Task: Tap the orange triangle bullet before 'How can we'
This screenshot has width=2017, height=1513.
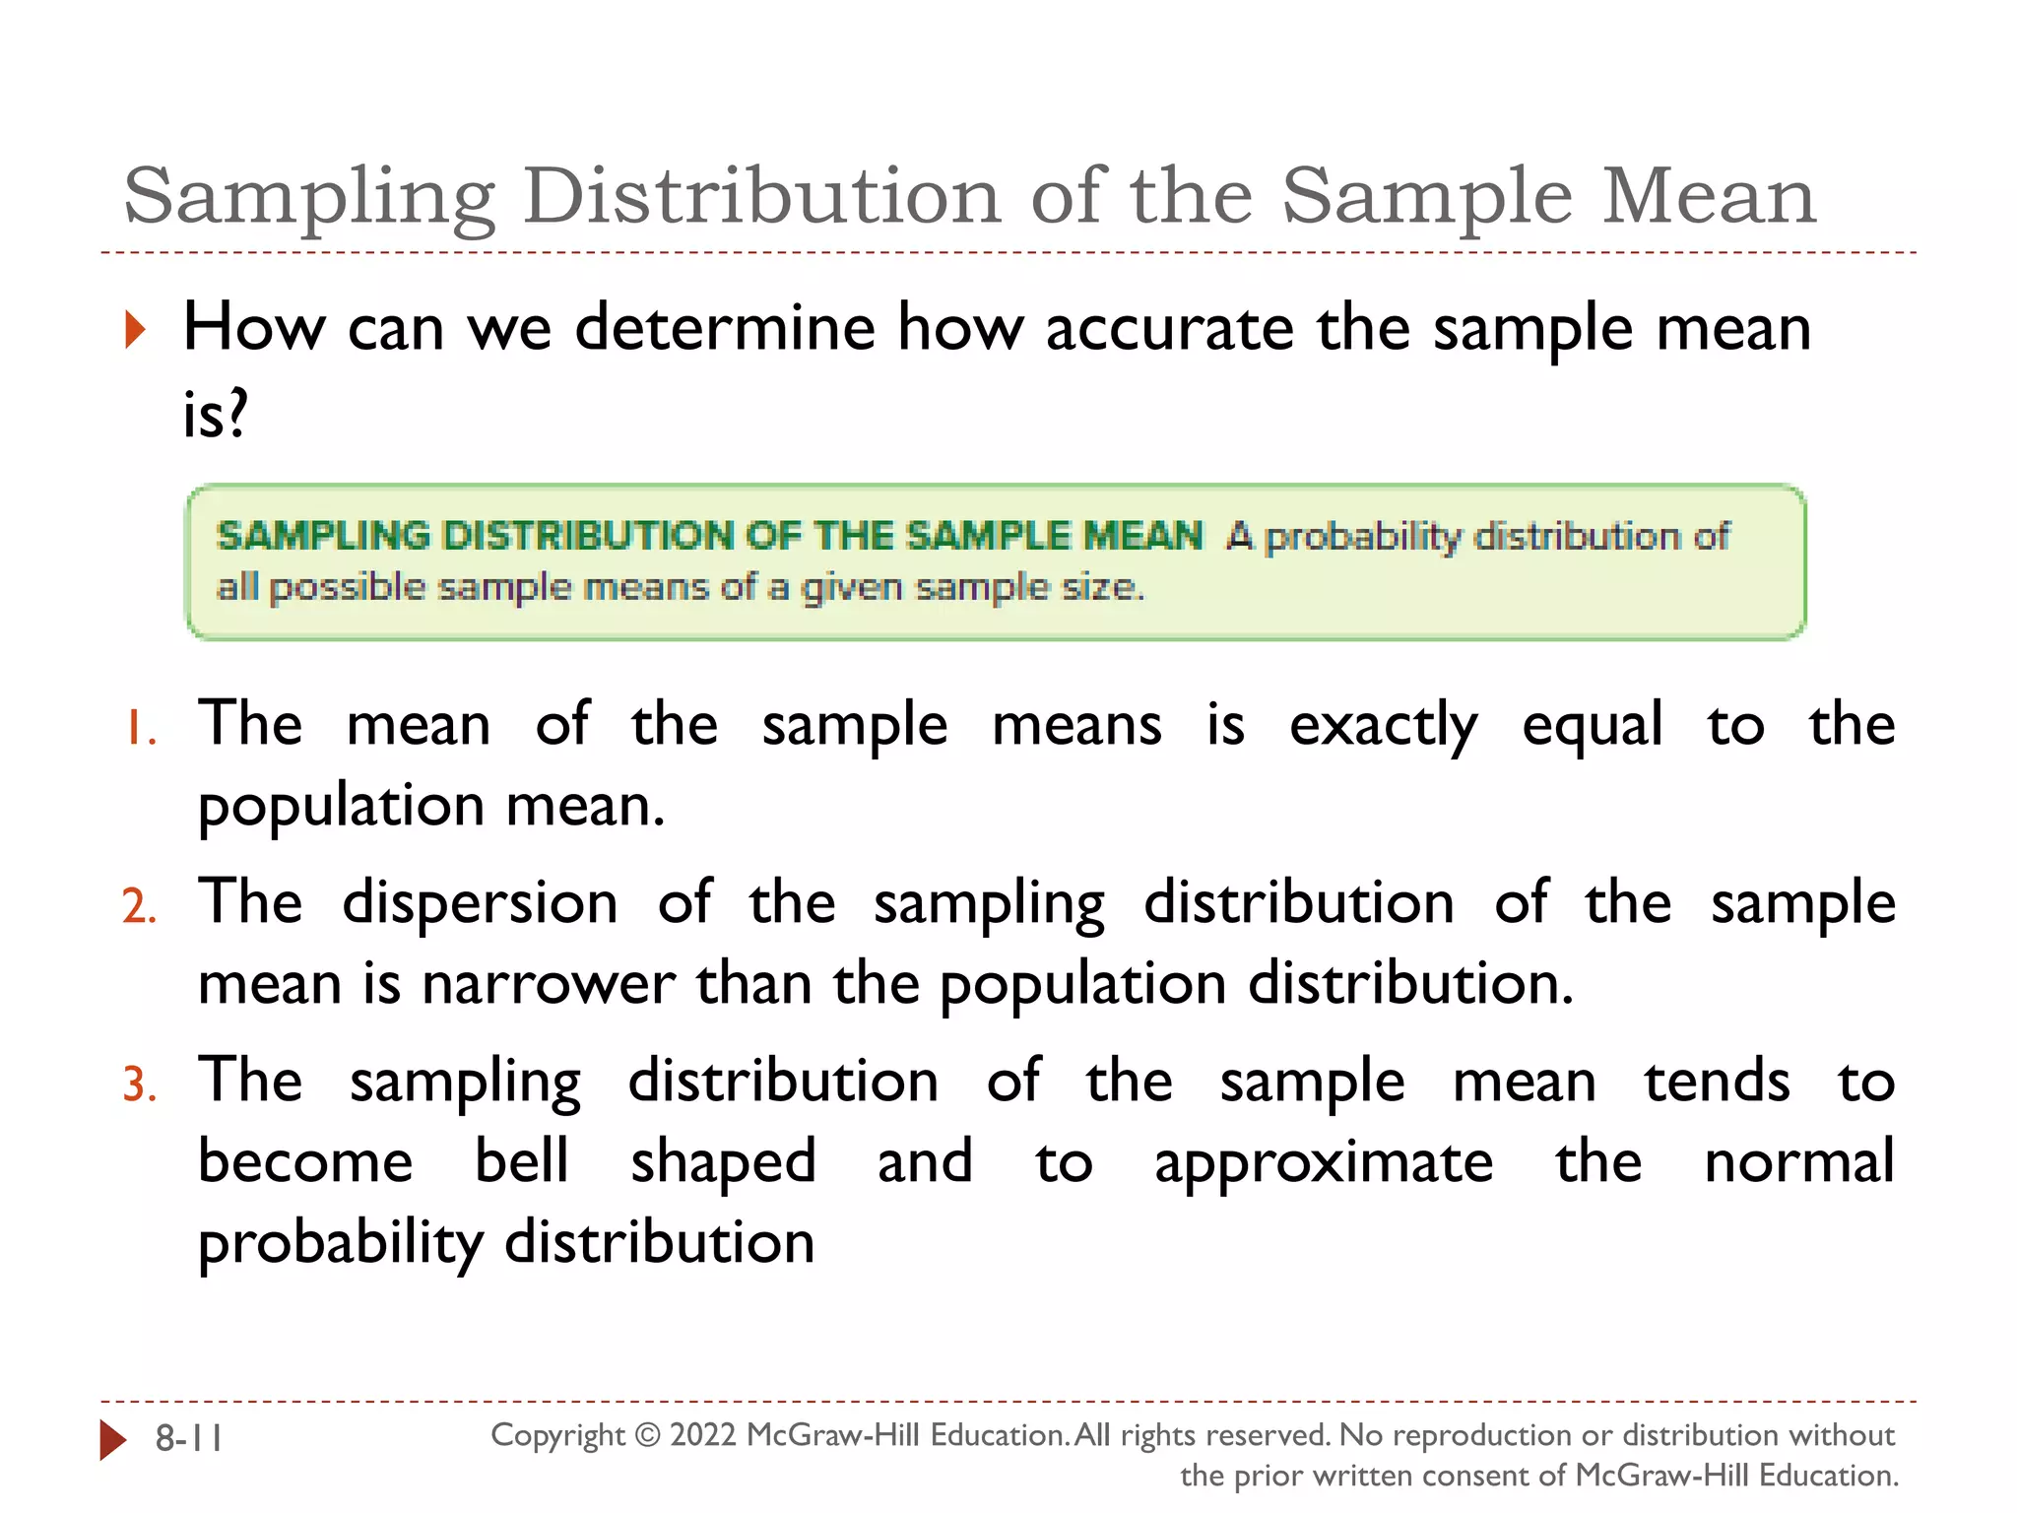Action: (136, 329)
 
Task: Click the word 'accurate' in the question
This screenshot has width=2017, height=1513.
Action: (1169, 328)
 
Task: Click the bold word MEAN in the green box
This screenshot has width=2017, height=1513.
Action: (1142, 536)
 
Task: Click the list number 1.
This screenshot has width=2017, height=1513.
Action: (141, 730)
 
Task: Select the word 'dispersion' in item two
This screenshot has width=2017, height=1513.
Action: (480, 904)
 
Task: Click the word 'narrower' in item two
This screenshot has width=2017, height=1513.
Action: (548, 984)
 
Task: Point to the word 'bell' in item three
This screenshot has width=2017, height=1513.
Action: (522, 1161)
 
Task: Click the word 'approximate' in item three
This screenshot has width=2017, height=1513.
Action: (1324, 1163)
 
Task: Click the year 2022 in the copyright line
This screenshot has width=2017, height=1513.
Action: (703, 1435)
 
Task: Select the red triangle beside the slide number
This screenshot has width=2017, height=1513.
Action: (113, 1439)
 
